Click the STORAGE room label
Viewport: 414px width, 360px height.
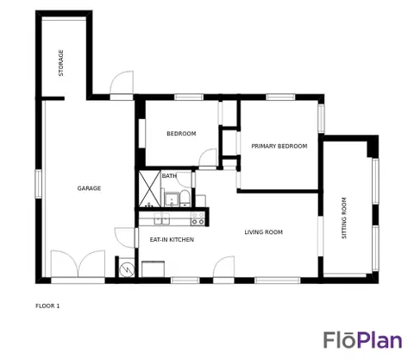tap(61, 63)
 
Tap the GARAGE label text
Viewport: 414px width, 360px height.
tap(89, 188)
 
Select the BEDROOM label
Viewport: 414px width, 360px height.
tap(181, 134)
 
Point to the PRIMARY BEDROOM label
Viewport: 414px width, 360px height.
tap(279, 146)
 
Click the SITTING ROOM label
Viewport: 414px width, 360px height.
tap(344, 218)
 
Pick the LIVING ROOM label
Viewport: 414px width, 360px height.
tap(264, 232)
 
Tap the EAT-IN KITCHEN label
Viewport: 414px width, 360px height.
tap(172, 239)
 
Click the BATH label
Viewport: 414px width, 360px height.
tap(169, 175)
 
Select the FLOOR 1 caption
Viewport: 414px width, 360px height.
tap(47, 306)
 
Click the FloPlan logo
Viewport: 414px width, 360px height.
tap(362, 340)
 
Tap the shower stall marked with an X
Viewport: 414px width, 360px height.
tap(149, 189)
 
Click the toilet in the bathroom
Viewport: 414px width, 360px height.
tap(185, 199)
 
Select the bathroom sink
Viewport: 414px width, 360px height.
tap(172, 199)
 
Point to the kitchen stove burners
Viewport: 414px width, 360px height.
tap(198, 218)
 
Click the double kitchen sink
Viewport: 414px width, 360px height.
tap(162, 218)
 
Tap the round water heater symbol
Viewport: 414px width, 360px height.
tap(127, 270)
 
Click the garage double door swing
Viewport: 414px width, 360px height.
tap(78, 264)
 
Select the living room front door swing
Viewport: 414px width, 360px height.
tap(223, 267)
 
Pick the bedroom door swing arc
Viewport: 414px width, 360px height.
tap(208, 157)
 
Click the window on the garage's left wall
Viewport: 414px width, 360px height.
tap(38, 184)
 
